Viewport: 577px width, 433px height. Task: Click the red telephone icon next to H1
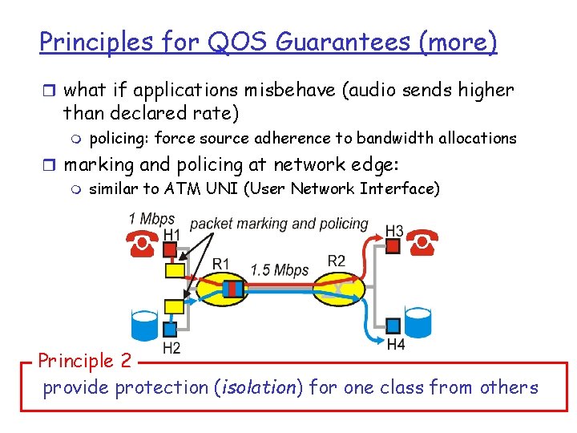[141, 245]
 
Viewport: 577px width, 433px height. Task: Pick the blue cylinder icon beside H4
[418, 322]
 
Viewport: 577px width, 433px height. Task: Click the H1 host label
[171, 234]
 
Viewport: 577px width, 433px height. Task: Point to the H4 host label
[396, 345]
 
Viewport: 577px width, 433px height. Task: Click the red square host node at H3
[393, 246]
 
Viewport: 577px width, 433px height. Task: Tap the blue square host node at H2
[170, 329]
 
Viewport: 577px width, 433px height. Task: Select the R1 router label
[221, 263]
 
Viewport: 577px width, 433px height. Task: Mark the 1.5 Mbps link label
[279, 270]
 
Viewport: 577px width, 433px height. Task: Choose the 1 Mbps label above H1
[151, 219]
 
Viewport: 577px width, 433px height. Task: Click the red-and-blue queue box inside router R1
[232, 288]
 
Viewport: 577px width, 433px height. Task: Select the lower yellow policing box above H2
[174, 306]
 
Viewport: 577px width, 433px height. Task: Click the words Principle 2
[84, 360]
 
